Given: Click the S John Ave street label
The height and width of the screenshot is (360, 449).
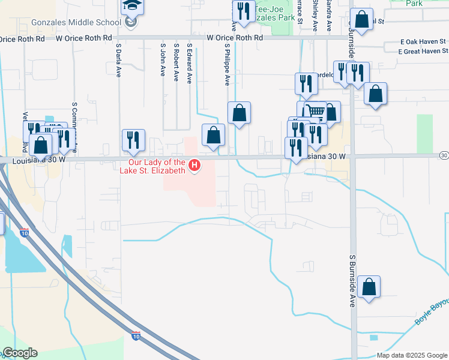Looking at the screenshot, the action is coord(162,59).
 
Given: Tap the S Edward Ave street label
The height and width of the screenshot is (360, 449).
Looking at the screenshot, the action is coord(189,62).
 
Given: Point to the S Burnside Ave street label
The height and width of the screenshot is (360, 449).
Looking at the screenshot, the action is coord(352,280).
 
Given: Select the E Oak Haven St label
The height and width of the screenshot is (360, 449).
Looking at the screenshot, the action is coord(423,42).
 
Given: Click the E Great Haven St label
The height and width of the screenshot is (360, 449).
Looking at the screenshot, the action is coord(423,52).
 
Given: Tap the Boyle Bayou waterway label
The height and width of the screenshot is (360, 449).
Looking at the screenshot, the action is coord(432,312).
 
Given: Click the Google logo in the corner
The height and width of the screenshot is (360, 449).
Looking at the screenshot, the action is coord(20,353).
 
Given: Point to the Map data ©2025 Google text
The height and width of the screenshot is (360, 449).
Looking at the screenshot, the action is coord(411,355).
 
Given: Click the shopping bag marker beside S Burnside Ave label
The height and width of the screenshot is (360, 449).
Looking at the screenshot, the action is coord(369,287).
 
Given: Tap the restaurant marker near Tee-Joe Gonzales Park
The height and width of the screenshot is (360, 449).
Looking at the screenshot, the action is coord(243,11).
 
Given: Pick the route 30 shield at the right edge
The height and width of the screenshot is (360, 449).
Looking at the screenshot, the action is coord(444,155).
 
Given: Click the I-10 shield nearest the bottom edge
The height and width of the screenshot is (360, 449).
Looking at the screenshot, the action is coord(136,336).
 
